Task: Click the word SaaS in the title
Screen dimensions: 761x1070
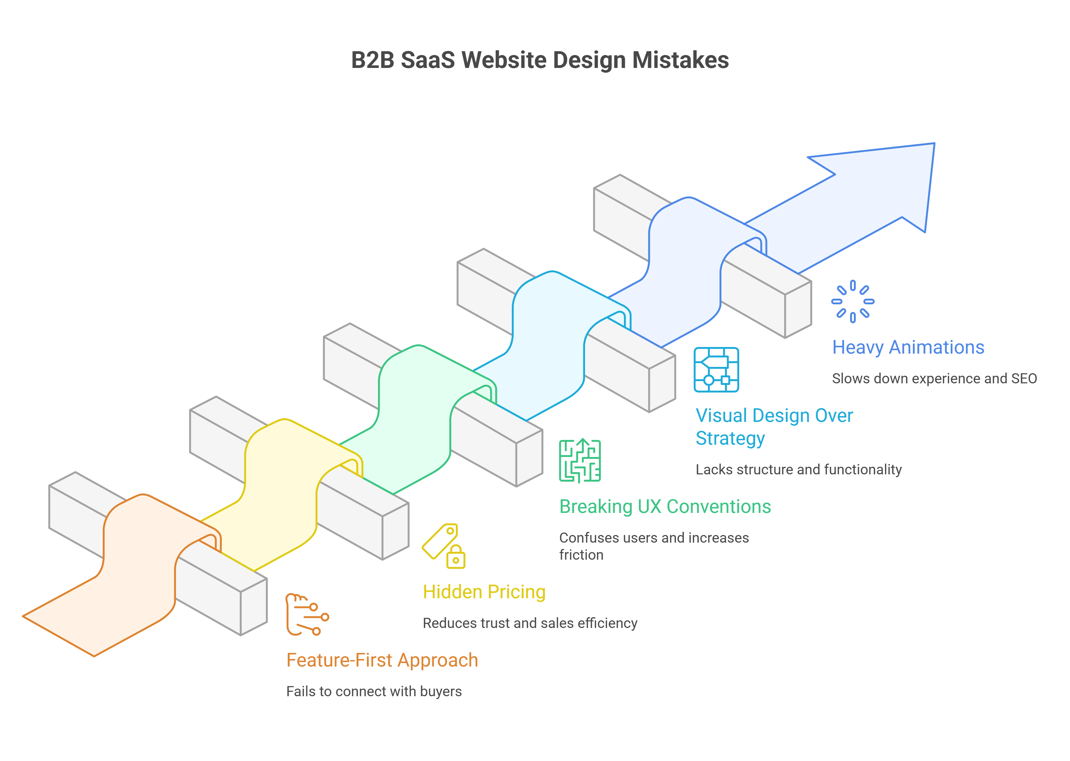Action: pos(427,60)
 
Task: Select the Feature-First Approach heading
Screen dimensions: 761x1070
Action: pos(382,660)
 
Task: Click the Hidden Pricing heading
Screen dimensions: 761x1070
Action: pos(484,592)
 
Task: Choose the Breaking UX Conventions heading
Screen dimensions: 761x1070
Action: pos(665,507)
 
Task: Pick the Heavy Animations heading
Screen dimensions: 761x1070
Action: pos(908,347)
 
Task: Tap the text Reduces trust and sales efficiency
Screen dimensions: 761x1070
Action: pos(530,623)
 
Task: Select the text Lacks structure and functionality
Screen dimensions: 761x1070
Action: pos(798,470)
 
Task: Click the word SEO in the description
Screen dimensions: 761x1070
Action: pos(1024,379)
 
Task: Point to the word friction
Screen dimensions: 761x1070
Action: pos(581,555)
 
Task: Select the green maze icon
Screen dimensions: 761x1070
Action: pos(579,461)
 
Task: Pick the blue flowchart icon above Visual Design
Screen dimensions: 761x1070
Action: pos(716,370)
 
